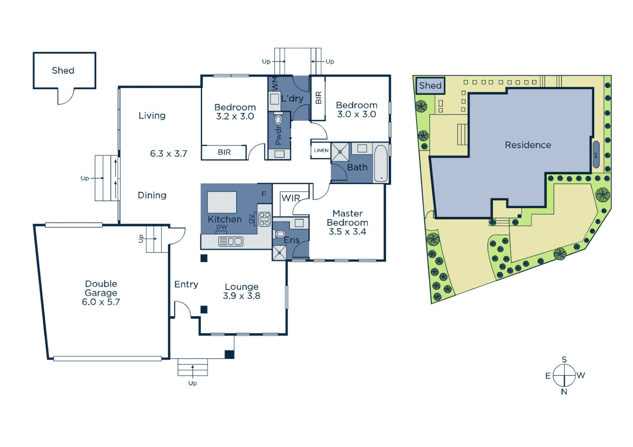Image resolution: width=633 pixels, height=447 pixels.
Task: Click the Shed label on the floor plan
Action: tap(63, 71)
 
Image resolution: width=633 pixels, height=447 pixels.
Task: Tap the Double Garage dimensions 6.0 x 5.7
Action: tap(101, 302)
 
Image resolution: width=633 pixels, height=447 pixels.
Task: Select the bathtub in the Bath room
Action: tap(381, 163)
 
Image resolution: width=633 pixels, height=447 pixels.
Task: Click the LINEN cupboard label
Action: tap(321, 151)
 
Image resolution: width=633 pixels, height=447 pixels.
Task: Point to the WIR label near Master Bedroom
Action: tap(290, 198)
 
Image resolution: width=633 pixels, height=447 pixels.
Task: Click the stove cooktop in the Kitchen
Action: tap(264, 219)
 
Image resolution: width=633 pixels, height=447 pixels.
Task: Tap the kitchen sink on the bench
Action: tap(230, 241)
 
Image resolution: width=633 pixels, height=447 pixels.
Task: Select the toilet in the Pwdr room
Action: tap(278, 120)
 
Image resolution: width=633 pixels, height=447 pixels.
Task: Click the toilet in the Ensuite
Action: tap(280, 234)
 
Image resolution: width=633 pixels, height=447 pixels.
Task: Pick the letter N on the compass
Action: tap(564, 392)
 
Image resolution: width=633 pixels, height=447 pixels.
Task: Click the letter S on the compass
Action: tap(564, 359)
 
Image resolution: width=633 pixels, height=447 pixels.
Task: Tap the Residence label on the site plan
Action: tap(528, 145)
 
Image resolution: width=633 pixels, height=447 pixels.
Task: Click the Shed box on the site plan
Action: tap(430, 86)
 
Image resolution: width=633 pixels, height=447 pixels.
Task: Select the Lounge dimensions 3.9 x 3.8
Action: tap(242, 296)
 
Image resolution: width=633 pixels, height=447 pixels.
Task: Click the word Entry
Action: tap(186, 284)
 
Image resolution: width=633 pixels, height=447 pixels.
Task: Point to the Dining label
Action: tap(152, 195)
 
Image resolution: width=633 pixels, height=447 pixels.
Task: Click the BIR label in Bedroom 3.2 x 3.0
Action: tap(224, 152)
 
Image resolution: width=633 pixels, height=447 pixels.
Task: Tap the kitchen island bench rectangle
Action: tap(222, 202)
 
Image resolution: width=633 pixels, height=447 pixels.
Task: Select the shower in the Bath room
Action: tap(340, 152)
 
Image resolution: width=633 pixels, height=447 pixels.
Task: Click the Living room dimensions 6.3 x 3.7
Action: tap(168, 154)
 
